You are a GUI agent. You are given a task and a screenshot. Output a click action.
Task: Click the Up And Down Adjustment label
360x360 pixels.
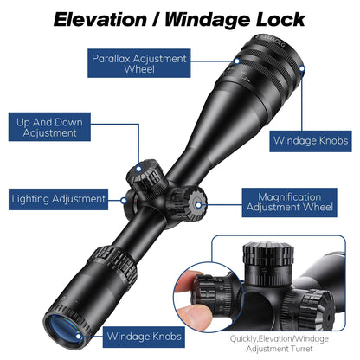50,128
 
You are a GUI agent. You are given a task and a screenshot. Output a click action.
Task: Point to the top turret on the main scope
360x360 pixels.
146,175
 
